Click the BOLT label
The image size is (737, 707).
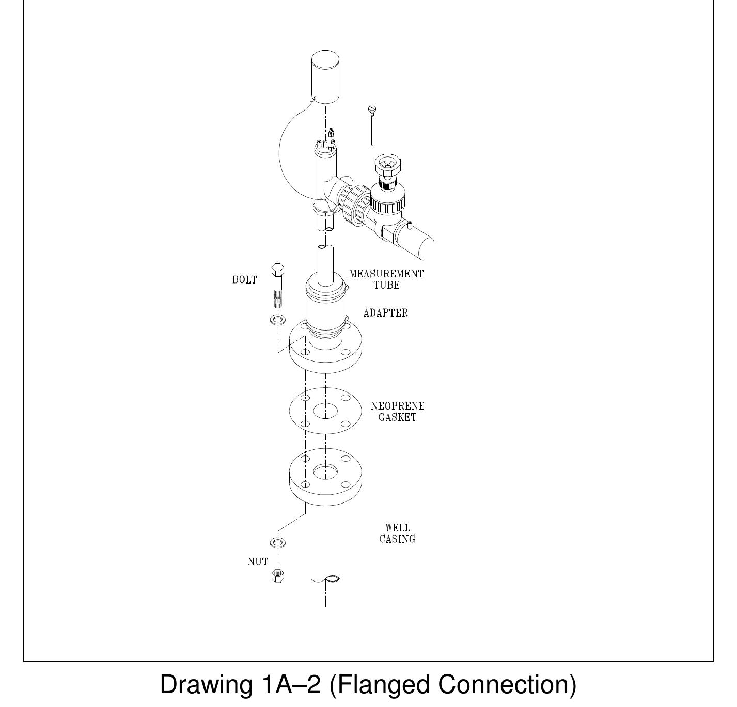[244, 280]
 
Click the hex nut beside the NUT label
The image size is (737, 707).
[278, 575]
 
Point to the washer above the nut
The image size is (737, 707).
[278, 543]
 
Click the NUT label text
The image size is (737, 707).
[258, 562]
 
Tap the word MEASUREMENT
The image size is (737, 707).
[386, 274]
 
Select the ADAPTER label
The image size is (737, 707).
[385, 313]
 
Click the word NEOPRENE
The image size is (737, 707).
[397, 406]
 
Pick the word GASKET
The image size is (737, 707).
[397, 418]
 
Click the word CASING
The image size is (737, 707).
[397, 539]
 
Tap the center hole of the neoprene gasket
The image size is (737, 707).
[325, 411]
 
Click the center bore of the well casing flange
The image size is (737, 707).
[325, 472]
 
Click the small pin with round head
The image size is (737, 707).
[371, 124]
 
